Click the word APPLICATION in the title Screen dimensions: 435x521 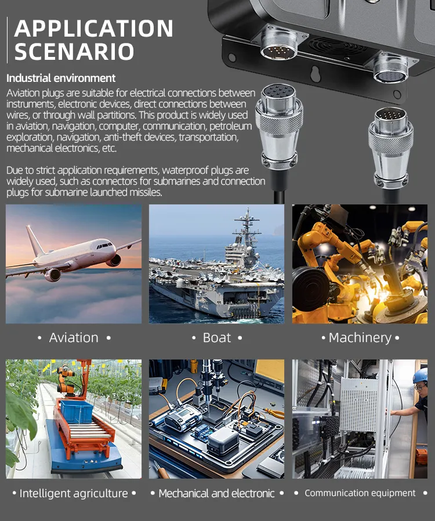[93, 28]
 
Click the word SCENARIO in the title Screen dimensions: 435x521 [74, 52]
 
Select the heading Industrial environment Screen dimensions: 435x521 [61, 78]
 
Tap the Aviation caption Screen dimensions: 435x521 [74, 337]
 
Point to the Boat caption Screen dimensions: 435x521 [217, 337]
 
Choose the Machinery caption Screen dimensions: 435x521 [360, 338]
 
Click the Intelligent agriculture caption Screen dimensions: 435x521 [74, 494]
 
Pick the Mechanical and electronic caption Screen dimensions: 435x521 [216, 494]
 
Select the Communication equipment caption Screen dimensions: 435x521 [360, 493]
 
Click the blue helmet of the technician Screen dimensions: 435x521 [420, 375]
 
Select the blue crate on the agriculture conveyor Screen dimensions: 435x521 [77, 411]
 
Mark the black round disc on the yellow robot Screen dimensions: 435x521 [310, 289]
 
